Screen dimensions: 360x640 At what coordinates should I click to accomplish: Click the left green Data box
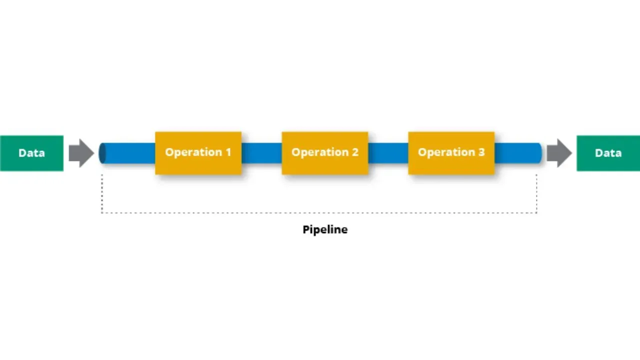[31, 153]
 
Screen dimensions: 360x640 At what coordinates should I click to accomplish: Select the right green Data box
[608, 153]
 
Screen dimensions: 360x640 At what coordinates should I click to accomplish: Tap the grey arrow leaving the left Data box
[81, 153]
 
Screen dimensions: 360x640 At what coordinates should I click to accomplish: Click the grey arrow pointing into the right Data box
[559, 153]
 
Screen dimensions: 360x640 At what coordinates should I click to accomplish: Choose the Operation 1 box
[198, 153]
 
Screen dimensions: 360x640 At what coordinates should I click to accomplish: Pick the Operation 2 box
[325, 153]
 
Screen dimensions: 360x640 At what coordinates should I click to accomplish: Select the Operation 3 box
[451, 153]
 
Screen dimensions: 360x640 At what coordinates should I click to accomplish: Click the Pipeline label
[325, 230]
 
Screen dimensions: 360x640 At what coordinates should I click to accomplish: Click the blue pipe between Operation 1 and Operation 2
[261, 153]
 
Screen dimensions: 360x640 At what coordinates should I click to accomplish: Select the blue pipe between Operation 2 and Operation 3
[388, 153]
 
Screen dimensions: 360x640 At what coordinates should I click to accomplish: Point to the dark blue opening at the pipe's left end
[102, 153]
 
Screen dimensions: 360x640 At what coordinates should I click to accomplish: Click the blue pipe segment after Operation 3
[517, 153]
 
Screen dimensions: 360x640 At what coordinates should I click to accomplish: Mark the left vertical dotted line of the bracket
[102, 194]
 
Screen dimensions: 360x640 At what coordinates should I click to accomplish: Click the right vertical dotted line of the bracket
[536, 194]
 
